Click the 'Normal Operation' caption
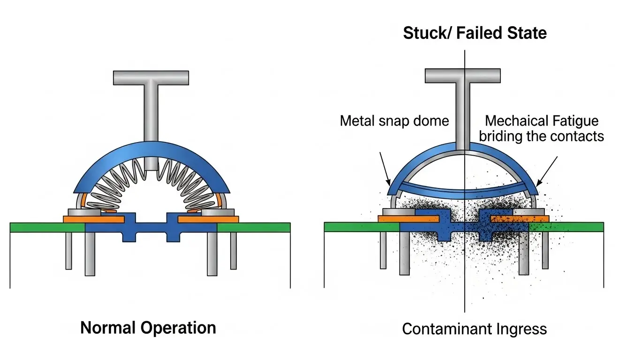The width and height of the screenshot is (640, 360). (148, 327)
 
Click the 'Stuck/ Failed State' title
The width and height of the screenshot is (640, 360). (474, 33)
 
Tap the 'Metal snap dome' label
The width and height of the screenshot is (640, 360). (394, 121)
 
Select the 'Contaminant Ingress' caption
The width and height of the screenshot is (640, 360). (474, 329)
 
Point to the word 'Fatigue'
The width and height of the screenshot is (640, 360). (577, 121)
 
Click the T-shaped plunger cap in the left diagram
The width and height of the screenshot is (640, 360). (151, 78)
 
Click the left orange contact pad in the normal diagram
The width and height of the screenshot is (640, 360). (94, 219)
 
